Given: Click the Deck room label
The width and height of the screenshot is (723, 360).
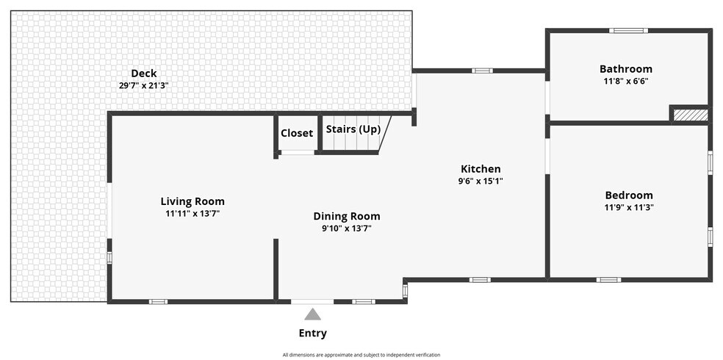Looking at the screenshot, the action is coord(144,73).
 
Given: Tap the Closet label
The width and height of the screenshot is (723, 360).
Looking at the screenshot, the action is coord(297,133).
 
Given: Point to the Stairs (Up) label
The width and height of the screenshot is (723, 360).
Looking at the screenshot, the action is coord(353,129).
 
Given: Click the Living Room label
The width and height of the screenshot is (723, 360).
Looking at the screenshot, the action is coord(193,201).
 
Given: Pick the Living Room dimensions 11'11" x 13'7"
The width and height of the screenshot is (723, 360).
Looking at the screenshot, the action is coord(193,213).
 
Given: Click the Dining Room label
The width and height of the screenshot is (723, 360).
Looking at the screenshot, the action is coord(347,216).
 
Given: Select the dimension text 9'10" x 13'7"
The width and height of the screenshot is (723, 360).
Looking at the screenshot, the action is coord(347,228).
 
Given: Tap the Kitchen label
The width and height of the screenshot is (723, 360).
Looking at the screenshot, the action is coord(481,169).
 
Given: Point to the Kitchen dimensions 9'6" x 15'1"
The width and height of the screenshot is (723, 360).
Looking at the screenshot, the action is coord(481,181).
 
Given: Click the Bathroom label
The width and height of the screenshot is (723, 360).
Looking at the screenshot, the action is coord(626,69).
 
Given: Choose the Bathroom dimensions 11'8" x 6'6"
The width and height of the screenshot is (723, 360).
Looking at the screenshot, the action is coord(626,81).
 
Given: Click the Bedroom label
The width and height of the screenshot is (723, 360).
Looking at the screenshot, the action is coord(629,195).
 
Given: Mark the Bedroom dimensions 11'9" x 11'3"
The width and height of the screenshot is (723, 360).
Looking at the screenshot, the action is coord(629,207).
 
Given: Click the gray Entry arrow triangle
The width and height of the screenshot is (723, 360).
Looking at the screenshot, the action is coord(312,315).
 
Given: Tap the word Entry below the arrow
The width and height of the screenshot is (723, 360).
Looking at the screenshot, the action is coord(312,334).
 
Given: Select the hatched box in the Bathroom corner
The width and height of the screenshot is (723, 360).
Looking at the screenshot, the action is coord(690,115).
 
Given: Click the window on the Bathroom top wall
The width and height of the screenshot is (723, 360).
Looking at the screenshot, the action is coord(628,31).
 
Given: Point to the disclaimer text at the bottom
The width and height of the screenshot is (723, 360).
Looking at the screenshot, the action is coord(361,355).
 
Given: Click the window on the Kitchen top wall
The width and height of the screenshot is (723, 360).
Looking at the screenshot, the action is coord(482,71).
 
